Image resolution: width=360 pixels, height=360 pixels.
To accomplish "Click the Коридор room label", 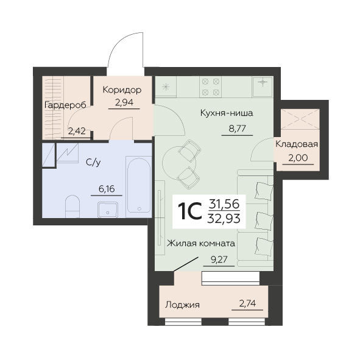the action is [122, 90].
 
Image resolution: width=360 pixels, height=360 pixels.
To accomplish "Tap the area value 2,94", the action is [124, 102].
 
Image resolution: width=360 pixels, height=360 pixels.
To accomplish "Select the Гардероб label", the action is [65, 105].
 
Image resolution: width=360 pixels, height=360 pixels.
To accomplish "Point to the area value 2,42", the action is [77, 131].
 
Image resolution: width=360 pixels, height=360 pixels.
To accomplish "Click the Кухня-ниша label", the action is [227, 113].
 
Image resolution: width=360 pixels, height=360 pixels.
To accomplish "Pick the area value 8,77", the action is [237, 129].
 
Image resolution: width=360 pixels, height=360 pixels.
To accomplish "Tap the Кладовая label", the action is [297, 144].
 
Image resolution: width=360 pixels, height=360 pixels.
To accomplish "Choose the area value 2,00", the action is [298, 158].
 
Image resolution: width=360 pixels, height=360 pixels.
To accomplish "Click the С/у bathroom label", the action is [93, 163].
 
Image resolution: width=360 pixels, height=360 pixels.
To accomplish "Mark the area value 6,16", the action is [107, 189].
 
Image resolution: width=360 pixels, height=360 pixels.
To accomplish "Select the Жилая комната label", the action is [201, 244].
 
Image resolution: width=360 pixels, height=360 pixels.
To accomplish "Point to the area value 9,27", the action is [219, 259].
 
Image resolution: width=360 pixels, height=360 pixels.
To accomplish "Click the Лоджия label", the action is [183, 305].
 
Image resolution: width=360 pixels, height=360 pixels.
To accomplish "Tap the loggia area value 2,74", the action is [247, 304].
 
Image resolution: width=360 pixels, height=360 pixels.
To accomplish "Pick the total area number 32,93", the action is [224, 219].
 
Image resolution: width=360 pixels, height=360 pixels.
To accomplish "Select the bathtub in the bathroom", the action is [139, 186].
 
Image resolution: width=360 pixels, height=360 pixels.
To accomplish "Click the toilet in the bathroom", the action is [72, 206].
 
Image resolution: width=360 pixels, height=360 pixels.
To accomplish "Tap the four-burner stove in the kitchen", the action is [211, 87].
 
